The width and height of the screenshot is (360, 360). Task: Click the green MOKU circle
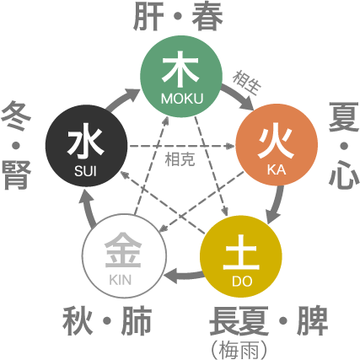181,77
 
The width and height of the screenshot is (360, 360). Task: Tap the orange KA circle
277,144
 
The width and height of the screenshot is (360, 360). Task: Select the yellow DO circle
241,256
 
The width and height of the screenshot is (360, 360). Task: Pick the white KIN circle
124,256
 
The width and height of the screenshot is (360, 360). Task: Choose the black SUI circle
86,146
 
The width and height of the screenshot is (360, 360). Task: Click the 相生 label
247,83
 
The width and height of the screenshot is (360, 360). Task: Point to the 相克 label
180,159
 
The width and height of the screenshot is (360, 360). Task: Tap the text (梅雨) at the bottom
239,350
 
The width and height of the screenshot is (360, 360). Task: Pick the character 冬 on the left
16,116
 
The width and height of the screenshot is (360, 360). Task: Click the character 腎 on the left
16,175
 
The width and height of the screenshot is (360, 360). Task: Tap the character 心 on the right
344,175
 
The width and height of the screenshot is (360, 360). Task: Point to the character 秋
78,321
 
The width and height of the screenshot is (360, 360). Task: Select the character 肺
137,321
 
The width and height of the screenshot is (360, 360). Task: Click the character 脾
312,321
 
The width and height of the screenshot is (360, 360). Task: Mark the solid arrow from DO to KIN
184,276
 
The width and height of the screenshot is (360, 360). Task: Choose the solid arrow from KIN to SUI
89,208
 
